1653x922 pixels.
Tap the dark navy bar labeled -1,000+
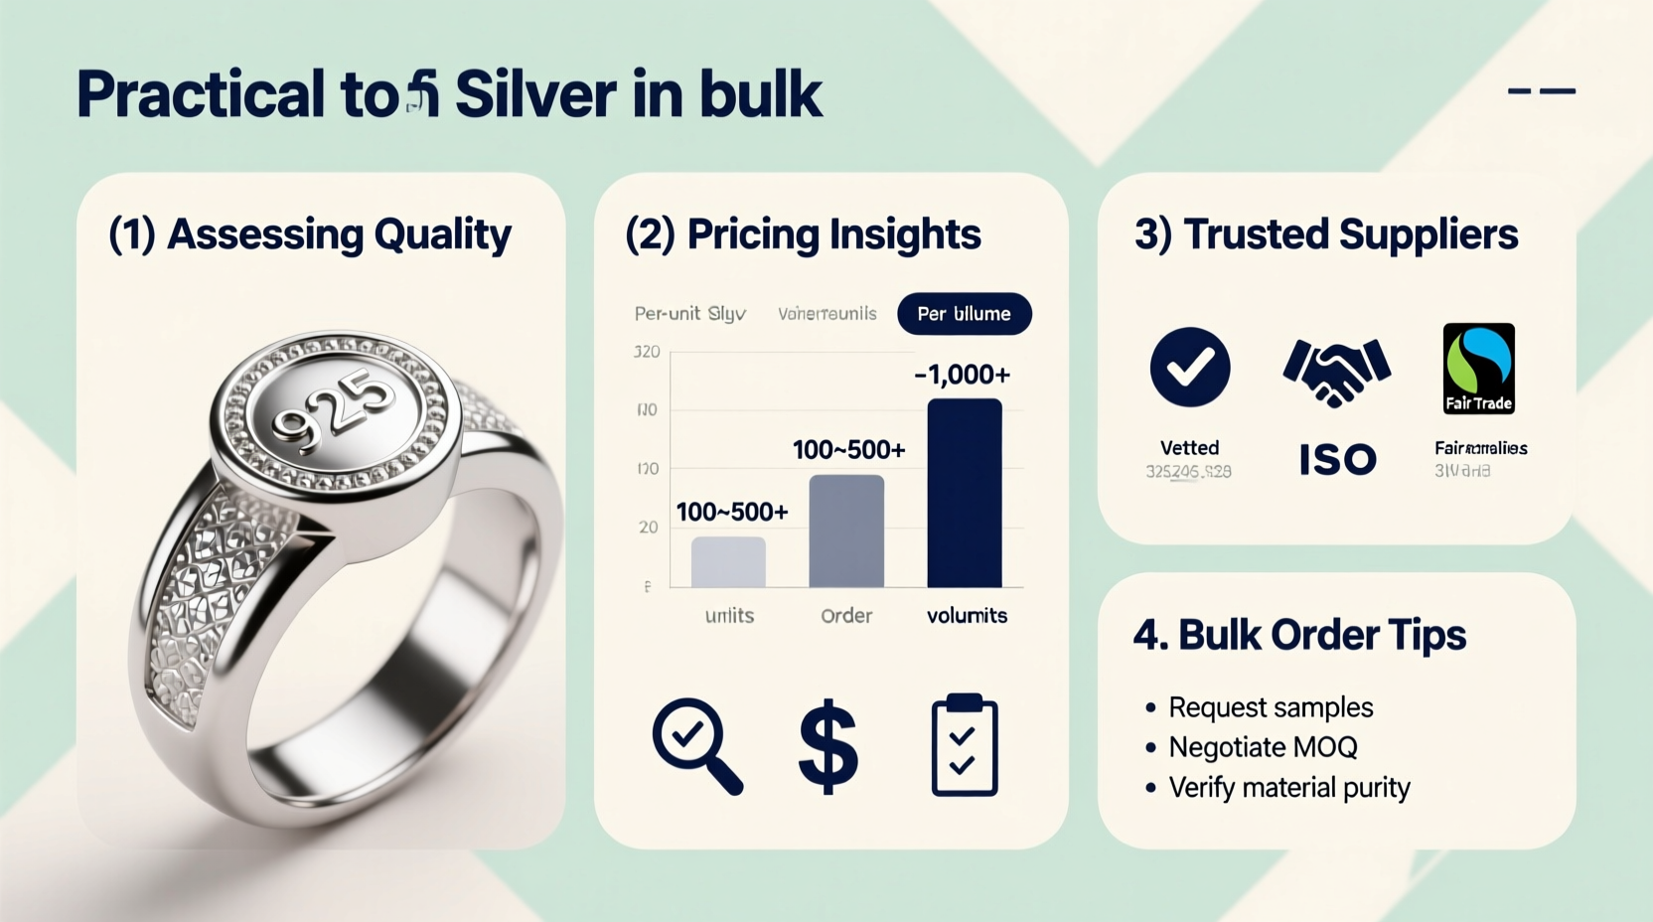pos(964,493)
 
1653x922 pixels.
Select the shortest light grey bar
pos(728,561)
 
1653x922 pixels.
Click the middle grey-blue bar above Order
pos(846,531)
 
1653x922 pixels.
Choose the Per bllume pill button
pos(964,314)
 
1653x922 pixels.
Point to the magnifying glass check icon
pos(696,746)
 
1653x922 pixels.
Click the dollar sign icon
pos(827,746)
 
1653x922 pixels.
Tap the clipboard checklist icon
pos(964,746)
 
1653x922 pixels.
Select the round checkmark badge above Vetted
pos(1189,368)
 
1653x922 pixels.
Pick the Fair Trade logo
pos(1478,369)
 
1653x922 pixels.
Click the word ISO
pos(1337,460)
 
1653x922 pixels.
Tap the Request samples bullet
pos(1271,707)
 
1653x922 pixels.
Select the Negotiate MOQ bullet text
pos(1263,747)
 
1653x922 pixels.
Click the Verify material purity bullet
pos(1289,788)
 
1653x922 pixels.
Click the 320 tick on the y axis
pos(647,352)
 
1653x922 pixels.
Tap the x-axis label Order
pos(846,616)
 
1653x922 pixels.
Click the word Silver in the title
pos(535,94)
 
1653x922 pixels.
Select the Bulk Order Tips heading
pos(1299,635)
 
